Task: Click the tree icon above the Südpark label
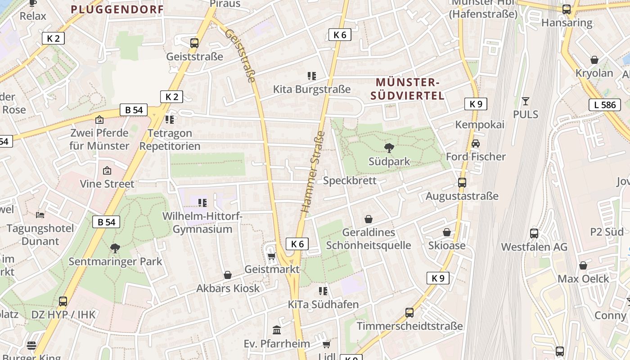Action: click(388, 147)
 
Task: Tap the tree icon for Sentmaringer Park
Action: click(115, 247)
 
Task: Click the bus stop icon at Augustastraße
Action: click(462, 182)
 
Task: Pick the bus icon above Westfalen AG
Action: click(534, 233)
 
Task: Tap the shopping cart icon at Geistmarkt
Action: click(271, 256)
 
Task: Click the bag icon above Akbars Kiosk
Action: click(228, 275)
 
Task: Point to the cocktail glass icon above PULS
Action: click(525, 101)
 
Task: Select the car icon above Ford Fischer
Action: click(476, 143)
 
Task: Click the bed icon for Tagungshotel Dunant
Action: click(40, 215)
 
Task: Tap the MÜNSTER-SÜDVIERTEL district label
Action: click(407, 89)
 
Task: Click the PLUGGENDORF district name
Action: click(117, 9)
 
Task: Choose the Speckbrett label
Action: click(350, 180)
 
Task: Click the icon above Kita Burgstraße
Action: click(311, 76)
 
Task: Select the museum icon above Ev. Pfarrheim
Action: click(277, 330)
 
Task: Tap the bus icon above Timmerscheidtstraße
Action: click(409, 312)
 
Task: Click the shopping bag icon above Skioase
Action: click(447, 232)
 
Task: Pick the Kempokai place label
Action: click(480, 125)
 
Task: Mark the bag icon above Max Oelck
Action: click(583, 265)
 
